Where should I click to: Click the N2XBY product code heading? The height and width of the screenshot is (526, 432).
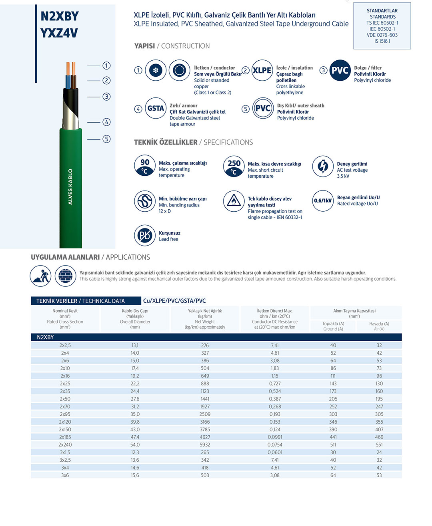[x=60, y=16]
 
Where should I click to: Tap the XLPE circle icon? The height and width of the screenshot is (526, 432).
[x=262, y=70]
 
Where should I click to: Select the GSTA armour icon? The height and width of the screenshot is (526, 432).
[x=156, y=108]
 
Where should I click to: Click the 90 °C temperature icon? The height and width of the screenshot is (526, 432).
[x=145, y=166]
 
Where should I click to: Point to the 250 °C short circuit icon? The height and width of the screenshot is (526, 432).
[x=234, y=167]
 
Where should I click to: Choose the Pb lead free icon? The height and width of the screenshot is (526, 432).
[x=145, y=236]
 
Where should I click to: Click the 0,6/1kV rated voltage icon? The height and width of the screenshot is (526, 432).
[x=323, y=200]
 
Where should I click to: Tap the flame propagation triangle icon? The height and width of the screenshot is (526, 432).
[x=234, y=201]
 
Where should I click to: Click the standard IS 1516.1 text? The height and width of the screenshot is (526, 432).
[x=382, y=41]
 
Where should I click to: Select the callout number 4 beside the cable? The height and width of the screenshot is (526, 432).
[x=106, y=122]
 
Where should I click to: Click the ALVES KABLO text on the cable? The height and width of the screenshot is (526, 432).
[x=70, y=187]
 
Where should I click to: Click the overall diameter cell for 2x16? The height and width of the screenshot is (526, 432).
[x=135, y=376]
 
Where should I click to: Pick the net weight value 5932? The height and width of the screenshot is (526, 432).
[x=205, y=445]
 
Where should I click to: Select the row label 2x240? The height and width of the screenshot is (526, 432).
[x=65, y=445]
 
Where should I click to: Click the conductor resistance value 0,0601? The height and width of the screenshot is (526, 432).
[x=275, y=453]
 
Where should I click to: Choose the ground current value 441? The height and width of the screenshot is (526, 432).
[x=333, y=437]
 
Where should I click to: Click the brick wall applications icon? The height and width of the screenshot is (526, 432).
[x=65, y=276]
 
